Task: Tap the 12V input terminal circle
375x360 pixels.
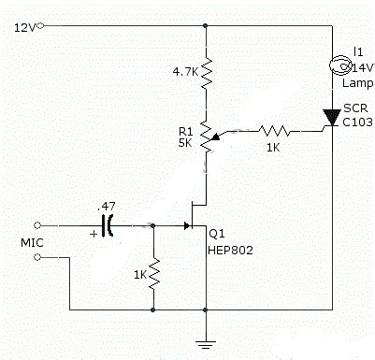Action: [42, 27]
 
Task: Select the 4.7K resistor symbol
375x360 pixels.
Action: [206, 69]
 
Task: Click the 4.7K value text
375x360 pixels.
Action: [183, 70]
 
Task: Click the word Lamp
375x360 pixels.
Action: [357, 83]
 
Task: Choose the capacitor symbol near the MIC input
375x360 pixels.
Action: [110, 225]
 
